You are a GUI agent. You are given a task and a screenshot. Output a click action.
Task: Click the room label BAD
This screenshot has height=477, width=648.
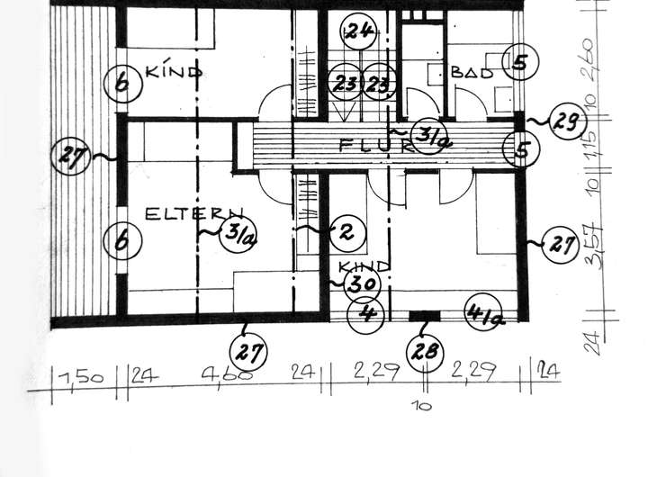point(473,73)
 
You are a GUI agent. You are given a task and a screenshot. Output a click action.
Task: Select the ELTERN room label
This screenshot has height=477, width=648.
point(176,214)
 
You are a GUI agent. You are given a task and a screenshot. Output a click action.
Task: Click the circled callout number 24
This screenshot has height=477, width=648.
point(358,31)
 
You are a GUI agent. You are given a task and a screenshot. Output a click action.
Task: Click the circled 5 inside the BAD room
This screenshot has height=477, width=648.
point(519,62)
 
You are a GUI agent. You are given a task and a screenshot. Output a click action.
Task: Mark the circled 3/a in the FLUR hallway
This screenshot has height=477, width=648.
point(427,138)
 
